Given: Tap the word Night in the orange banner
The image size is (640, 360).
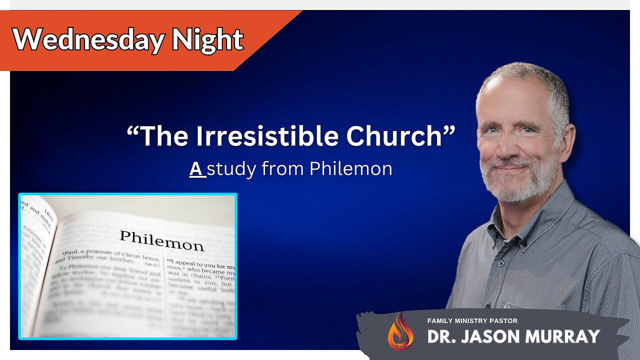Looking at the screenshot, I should coord(207,39).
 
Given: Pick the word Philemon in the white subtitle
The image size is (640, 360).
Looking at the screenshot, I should coord(350,169).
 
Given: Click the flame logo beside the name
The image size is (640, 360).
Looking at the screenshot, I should coord(400,331).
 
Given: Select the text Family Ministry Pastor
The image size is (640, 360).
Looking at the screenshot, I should coord(472,320).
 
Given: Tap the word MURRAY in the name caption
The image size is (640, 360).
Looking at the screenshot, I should coord(566,336).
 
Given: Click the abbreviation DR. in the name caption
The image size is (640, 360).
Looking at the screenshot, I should coord(440,336).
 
